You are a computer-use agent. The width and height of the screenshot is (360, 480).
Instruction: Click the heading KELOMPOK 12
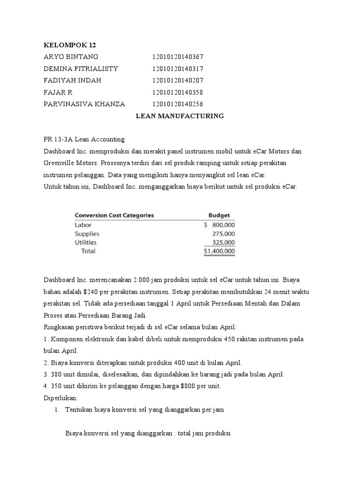(x=69, y=45)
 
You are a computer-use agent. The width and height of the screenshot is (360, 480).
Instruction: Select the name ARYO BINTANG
(x=71, y=57)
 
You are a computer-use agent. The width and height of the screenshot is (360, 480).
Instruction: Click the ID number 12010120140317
(x=178, y=68)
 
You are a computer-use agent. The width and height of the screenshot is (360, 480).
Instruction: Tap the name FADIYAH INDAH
(x=72, y=80)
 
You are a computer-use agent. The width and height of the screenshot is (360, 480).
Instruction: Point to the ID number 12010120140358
(x=178, y=92)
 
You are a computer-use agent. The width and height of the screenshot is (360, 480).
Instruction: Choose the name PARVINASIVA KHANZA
(x=84, y=104)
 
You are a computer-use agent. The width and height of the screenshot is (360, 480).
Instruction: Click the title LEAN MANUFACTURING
(x=180, y=116)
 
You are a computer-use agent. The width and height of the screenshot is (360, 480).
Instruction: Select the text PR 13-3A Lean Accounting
(x=84, y=139)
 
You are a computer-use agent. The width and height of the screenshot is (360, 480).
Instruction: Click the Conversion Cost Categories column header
(x=114, y=216)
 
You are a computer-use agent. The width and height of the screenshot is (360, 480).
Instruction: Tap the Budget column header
(x=219, y=216)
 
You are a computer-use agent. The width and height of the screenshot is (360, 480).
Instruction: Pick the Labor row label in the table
(x=83, y=225)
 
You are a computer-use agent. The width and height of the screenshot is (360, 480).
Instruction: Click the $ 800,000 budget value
(x=219, y=225)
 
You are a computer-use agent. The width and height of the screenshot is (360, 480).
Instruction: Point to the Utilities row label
(x=86, y=242)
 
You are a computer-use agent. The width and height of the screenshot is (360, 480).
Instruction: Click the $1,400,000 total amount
(x=219, y=251)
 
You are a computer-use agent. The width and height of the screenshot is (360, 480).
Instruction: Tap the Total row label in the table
(x=88, y=251)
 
